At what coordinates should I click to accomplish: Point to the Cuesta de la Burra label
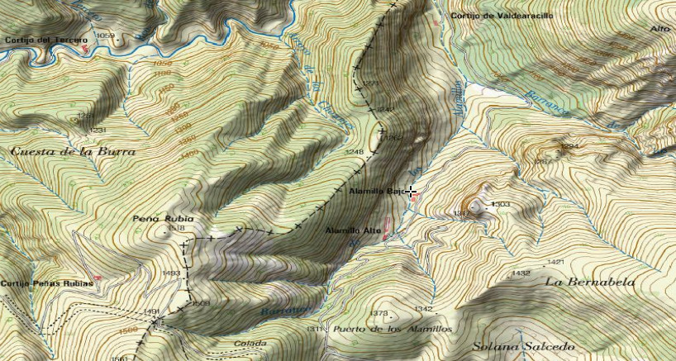click(x=74, y=152)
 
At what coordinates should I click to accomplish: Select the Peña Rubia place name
click(x=163, y=219)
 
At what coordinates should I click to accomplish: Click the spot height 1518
click(x=175, y=228)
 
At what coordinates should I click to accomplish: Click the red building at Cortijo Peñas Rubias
click(x=98, y=278)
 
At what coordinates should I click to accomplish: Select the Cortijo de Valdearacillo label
click(x=501, y=16)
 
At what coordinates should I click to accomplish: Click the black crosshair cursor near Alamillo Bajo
click(x=411, y=192)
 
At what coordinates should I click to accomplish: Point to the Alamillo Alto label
click(x=353, y=230)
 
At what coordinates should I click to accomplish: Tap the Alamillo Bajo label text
click(x=376, y=192)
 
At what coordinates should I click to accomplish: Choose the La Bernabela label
click(x=590, y=282)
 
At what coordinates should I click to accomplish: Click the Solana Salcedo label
click(x=523, y=347)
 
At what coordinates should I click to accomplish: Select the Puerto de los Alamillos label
click(x=393, y=329)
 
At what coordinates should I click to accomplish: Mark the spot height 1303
click(x=502, y=204)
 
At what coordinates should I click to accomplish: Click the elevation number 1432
click(x=521, y=273)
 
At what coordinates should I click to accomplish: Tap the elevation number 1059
click(x=106, y=36)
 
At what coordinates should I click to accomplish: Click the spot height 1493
click(x=171, y=273)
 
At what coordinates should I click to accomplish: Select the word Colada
click(x=250, y=343)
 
